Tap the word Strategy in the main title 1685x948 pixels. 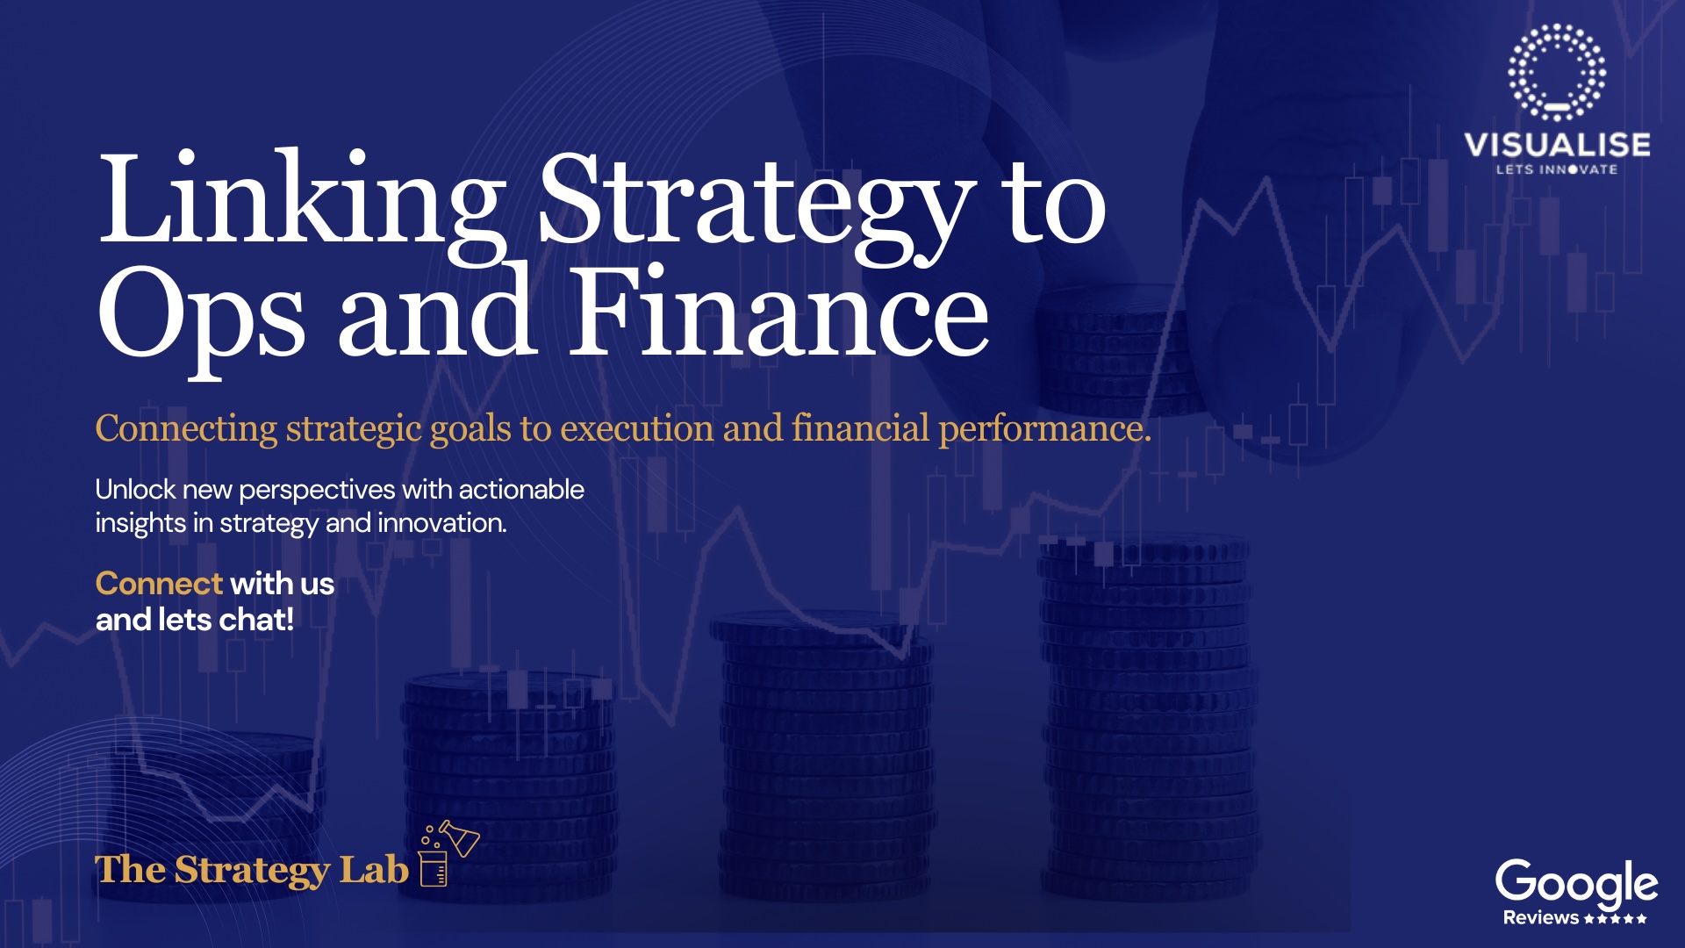tap(756, 205)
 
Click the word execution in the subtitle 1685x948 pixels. tap(637, 428)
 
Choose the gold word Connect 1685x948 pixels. tap(159, 584)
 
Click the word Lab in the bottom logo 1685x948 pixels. tap(374, 870)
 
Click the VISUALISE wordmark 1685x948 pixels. tap(1557, 145)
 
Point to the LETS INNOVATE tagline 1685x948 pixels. tap(1557, 169)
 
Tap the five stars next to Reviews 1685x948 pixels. tap(1616, 919)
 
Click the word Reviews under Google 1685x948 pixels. tap(1541, 918)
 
